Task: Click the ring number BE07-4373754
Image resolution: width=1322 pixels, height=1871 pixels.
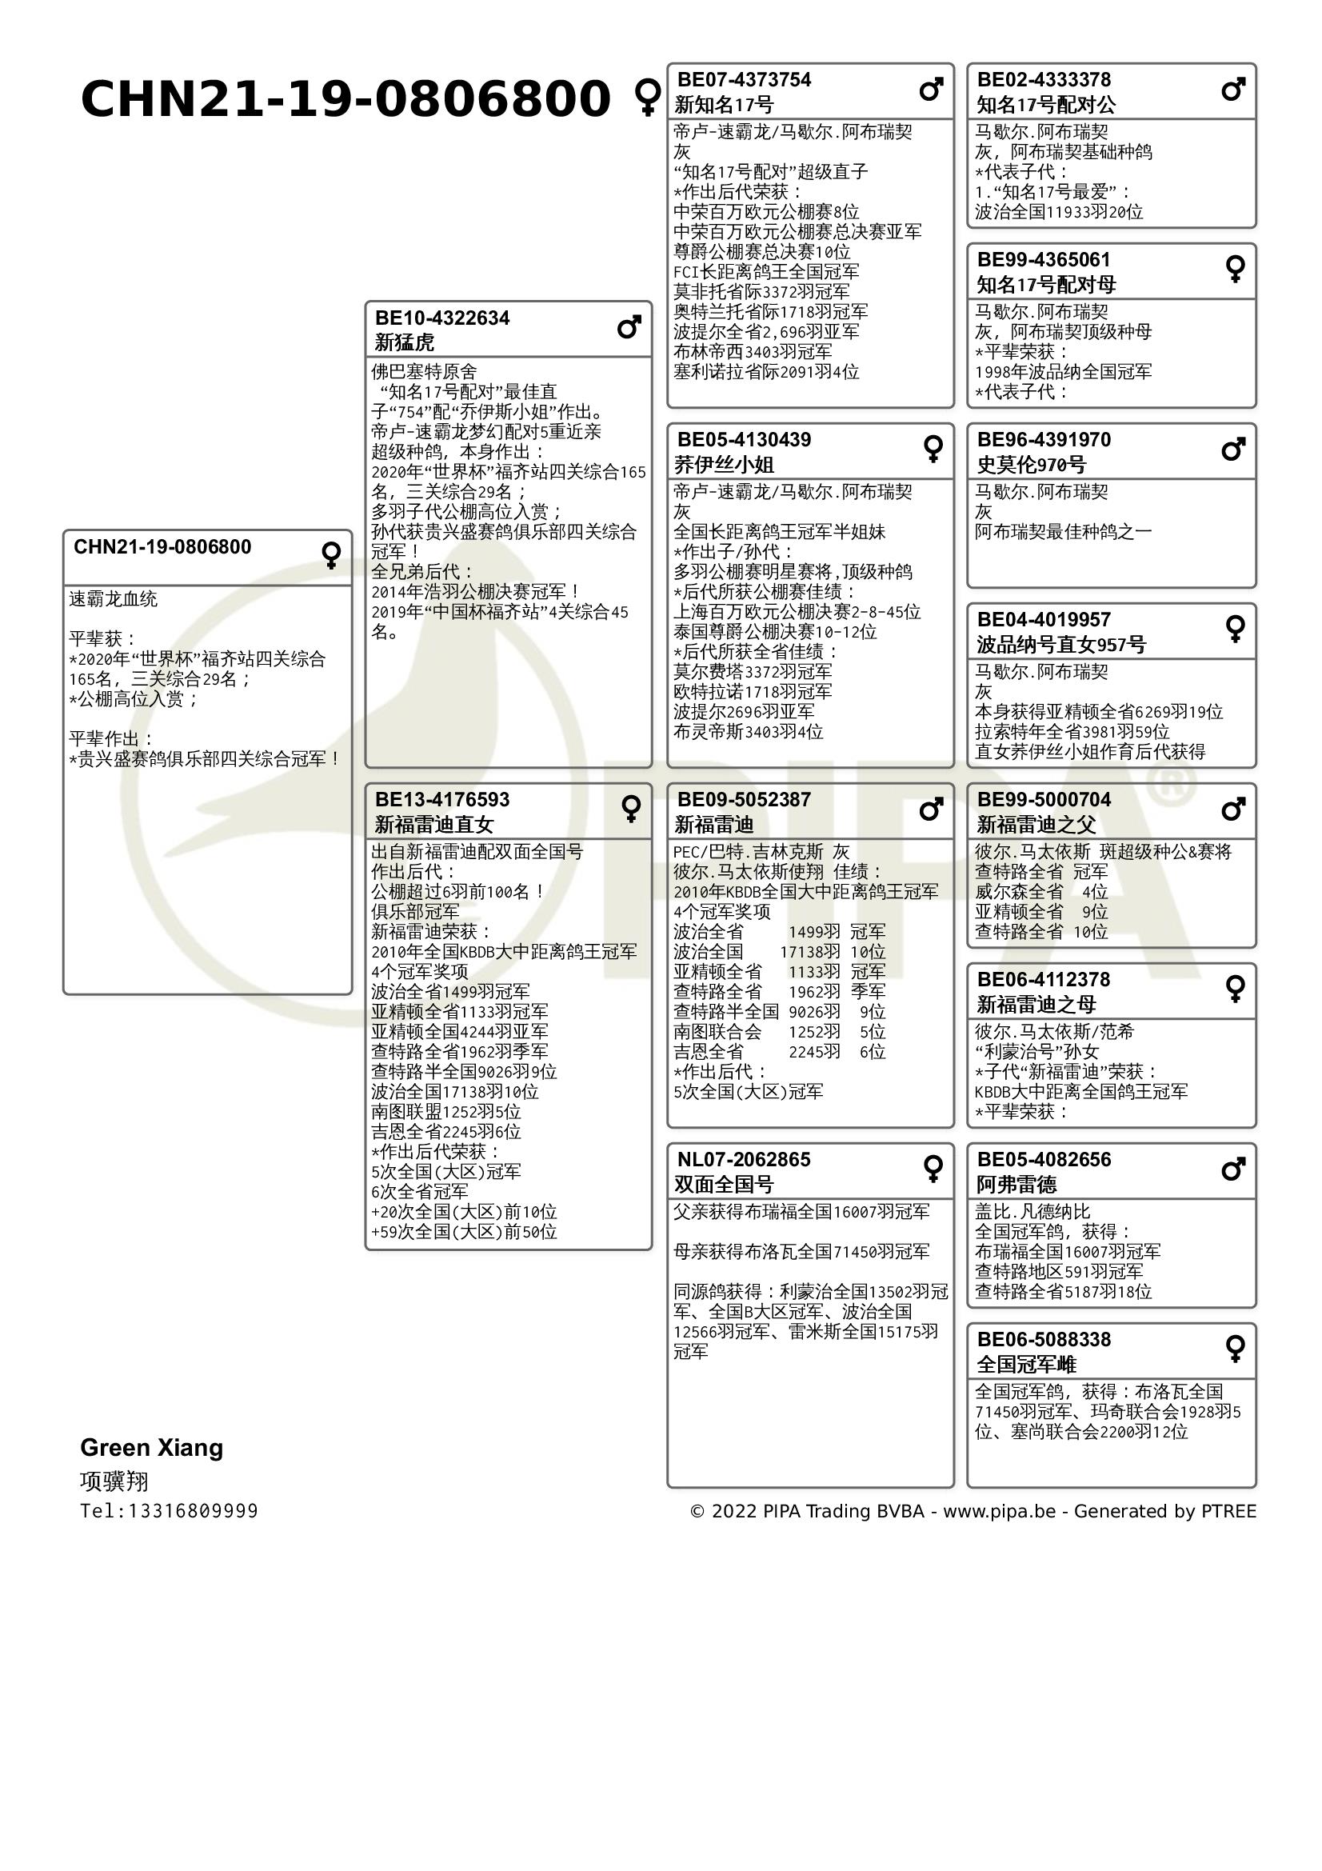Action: pos(744,80)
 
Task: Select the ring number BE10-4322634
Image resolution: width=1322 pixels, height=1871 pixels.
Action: pos(441,318)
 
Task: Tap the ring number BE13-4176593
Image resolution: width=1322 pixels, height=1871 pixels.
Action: pos(441,799)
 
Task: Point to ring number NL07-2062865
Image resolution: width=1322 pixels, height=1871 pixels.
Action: pos(744,1160)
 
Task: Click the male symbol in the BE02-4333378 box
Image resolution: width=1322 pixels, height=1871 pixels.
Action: pos(1233,89)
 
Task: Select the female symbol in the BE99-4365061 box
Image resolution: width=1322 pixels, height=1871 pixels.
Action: pos(1235,269)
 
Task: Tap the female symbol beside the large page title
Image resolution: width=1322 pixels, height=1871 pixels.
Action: pos(648,97)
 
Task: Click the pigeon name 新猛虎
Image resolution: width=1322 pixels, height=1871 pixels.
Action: pos(404,342)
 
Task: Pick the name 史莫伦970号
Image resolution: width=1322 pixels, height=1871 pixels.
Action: pos(1030,465)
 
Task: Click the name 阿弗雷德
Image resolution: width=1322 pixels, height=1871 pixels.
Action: pos(1016,1184)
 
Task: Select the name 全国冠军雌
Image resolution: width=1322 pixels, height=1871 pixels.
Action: pos(1026,1364)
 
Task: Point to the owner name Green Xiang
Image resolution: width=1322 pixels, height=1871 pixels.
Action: pos(151,1447)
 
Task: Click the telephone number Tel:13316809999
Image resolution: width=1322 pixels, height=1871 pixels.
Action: pos(169,1511)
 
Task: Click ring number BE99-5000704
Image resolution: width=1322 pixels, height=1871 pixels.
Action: pos(1044,799)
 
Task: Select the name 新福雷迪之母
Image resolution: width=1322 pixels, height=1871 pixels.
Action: pos(1036,1004)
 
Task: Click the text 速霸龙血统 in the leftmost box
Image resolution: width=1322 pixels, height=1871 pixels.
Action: pos(114,599)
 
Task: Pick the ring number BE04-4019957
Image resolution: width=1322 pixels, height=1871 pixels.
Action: pos(1044,619)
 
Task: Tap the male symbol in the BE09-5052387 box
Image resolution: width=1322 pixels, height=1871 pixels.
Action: pos(931,810)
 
